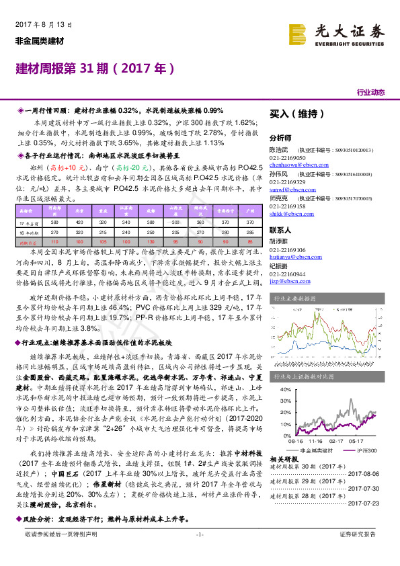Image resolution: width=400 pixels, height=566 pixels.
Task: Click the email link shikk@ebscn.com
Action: point(286,215)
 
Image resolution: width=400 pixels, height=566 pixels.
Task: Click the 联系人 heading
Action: point(280,229)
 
